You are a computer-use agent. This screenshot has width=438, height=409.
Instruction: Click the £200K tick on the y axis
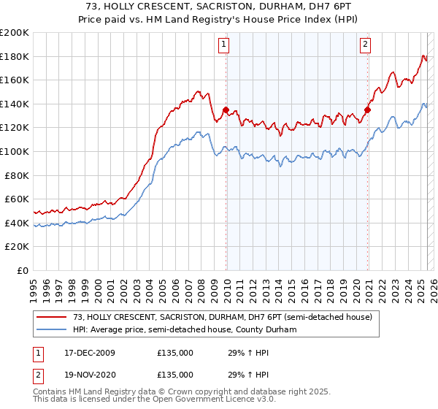pos(15,33)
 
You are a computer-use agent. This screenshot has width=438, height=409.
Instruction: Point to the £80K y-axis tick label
pos(17,175)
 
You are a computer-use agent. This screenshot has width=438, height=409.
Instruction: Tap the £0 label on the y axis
pos(23,270)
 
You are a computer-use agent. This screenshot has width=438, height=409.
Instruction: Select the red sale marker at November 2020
pos(367,110)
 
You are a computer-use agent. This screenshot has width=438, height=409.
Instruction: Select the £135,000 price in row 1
pos(175,353)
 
